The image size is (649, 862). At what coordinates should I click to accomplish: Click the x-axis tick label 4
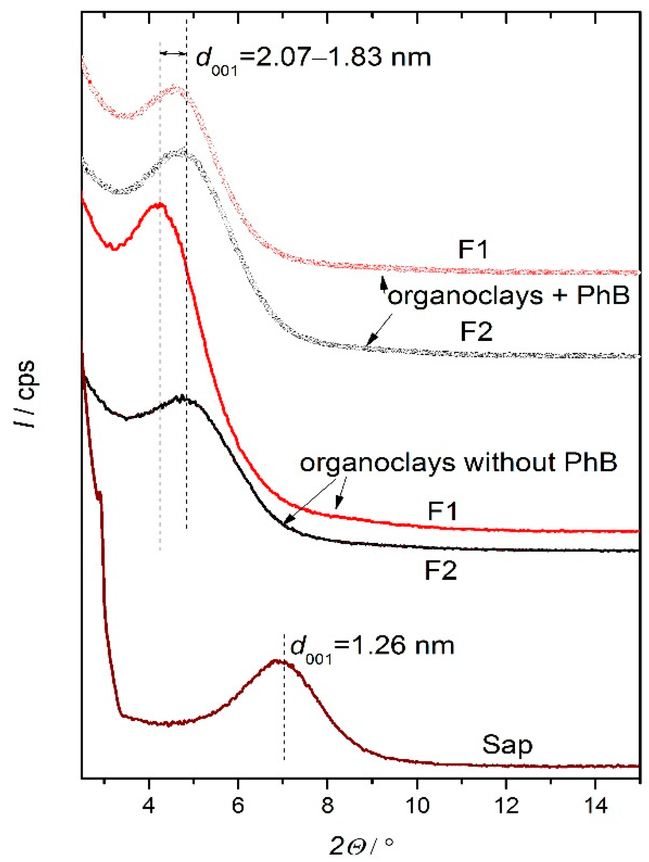148,805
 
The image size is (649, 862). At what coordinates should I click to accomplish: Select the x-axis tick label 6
238,805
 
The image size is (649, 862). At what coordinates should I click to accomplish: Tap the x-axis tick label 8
327,805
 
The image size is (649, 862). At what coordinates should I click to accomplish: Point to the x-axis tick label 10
417,805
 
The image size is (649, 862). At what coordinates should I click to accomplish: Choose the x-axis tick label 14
596,805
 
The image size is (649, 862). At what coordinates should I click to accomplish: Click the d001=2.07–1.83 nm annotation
313,59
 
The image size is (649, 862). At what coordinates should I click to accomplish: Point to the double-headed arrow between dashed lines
173,53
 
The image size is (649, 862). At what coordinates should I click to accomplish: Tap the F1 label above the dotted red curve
473,249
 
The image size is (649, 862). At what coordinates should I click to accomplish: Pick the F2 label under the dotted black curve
476,331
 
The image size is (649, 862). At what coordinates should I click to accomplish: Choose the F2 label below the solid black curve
440,571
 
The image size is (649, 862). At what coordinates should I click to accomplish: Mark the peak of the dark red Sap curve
275,660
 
